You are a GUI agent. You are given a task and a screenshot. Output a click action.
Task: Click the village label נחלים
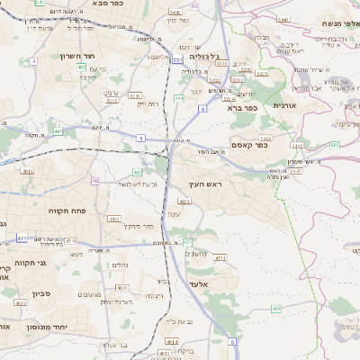[x=122, y=265]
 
